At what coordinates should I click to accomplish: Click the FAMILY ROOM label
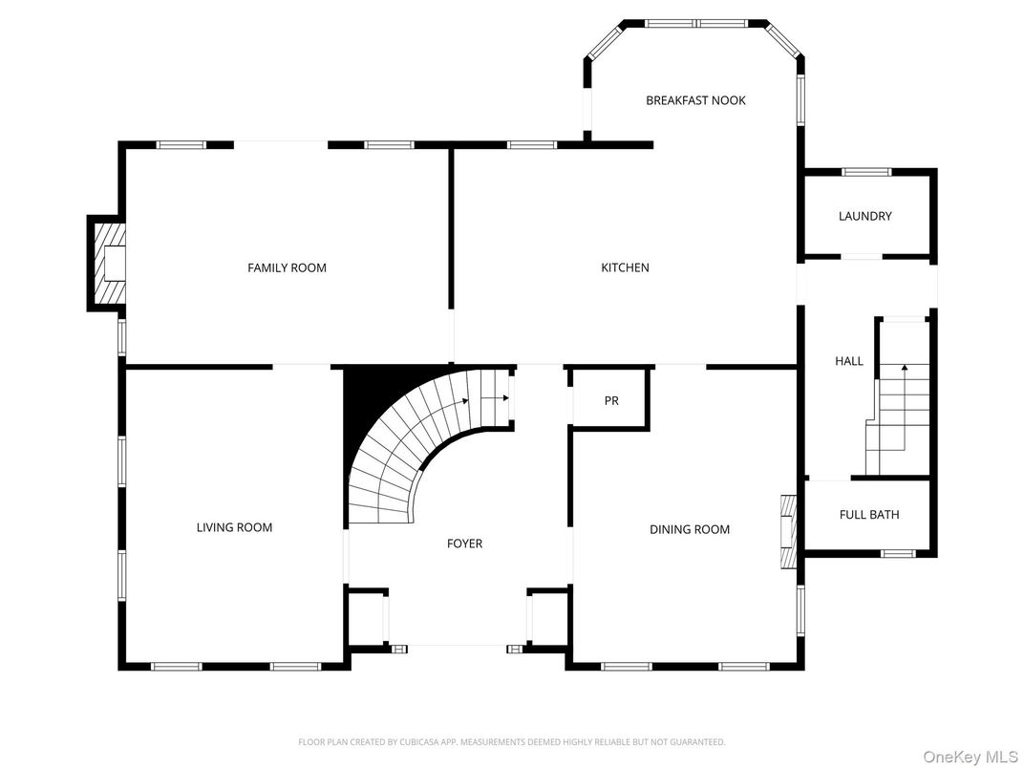287,267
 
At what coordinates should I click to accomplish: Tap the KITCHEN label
625,267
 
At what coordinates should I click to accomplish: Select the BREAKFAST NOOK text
695,100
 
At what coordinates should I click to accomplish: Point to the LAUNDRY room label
864,216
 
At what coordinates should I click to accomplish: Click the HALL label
848,361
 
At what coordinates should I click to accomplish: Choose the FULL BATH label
868,515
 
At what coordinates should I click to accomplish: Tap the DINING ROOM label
689,529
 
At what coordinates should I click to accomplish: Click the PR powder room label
611,401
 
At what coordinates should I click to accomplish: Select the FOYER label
464,544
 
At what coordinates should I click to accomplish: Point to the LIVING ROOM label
234,527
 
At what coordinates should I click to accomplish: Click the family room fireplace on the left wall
108,263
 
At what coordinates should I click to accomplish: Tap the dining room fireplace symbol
788,531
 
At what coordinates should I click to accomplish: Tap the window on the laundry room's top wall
865,172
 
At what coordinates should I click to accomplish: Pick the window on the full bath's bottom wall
897,553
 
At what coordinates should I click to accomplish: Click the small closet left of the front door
366,618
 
